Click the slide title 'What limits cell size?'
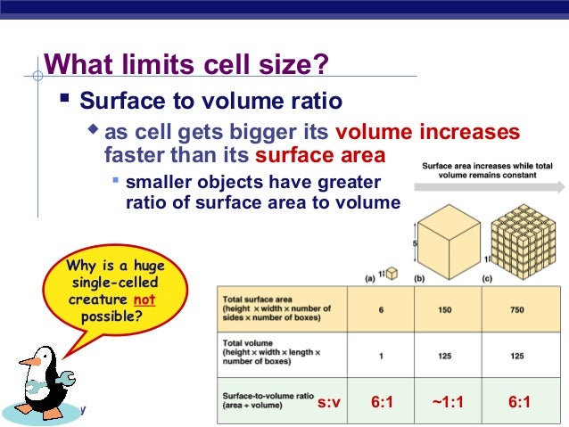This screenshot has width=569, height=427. click(x=186, y=65)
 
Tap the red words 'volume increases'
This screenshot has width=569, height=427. click(x=427, y=133)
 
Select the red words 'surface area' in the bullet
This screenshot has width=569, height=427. click(x=320, y=156)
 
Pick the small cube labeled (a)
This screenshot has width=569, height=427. click(x=392, y=273)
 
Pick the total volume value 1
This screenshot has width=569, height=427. click(x=380, y=356)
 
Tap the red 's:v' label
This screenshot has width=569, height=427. click(x=329, y=403)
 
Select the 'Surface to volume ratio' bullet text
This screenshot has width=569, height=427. click(x=210, y=99)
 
